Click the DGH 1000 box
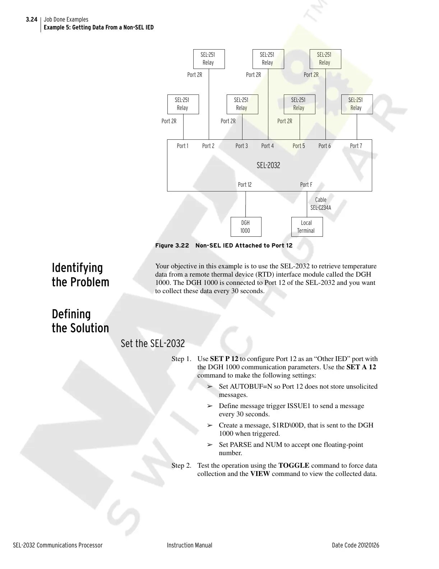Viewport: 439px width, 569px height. tap(245, 227)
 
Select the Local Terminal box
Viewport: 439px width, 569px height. tap(306, 227)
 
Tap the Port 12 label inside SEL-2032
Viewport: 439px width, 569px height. tap(245, 185)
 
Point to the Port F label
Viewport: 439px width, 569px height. tap(306, 185)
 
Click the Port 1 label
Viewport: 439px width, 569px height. tap(182, 146)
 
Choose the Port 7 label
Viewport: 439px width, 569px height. tap(356, 146)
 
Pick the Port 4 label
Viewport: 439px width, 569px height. tap(267, 146)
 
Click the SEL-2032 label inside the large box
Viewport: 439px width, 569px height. tap(268, 166)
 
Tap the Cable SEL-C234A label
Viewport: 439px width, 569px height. tap(321, 204)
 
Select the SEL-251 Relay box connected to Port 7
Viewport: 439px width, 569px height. tap(357, 104)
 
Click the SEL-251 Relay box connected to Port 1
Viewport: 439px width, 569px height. tap(183, 104)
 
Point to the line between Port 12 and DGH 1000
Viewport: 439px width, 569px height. tap(246, 204)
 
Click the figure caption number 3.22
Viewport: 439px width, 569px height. tap(181, 246)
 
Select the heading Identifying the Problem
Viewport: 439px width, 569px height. tap(80, 275)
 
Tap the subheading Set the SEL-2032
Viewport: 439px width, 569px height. tap(153, 344)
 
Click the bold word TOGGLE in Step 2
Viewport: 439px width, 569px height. tap(294, 466)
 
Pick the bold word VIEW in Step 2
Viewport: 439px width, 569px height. tap(260, 474)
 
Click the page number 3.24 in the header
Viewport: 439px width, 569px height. tap(32, 19)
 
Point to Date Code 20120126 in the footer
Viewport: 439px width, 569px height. tap(355, 545)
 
